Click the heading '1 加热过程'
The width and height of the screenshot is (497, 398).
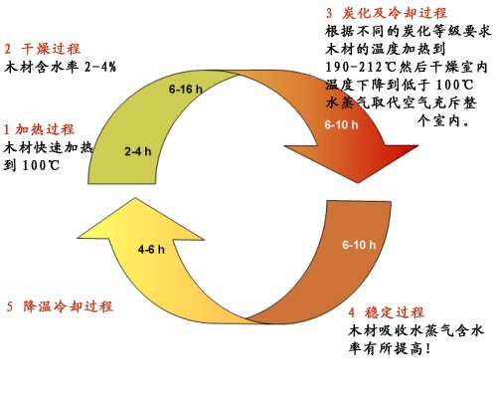coord(39,129)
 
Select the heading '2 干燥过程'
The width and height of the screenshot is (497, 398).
coord(43,49)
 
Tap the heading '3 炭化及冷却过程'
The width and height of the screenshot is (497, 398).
coord(387,13)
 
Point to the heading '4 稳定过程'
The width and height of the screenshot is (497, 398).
coord(386,312)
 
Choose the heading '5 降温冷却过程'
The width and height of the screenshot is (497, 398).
coord(60,306)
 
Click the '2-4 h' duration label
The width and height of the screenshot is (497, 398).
coord(138,151)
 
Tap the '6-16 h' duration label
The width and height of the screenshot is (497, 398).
coord(186,89)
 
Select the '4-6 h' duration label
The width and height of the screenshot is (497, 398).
coord(151,249)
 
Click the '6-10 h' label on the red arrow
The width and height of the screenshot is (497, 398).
coord(341,124)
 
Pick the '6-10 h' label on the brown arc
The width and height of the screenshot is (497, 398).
coord(359,245)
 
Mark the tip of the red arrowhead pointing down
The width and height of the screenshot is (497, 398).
coord(358,183)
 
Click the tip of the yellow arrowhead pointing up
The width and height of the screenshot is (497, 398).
coord(135,198)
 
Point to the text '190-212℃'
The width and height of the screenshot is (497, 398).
coord(361,68)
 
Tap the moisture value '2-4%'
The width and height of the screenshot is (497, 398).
coord(100,68)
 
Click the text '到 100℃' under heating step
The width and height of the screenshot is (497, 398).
coord(32,165)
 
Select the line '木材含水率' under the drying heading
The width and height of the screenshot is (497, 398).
coord(41,68)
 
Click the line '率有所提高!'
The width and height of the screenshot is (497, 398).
coord(390,348)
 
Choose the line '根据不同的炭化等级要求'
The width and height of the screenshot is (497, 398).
coord(408,32)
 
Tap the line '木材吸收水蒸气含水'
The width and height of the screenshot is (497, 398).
coord(416,330)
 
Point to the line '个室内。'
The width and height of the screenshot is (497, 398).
coord(443,120)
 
